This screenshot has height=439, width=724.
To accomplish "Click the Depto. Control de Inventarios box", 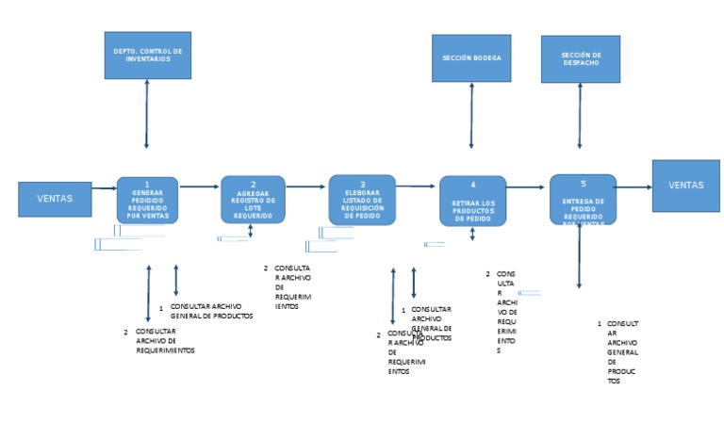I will tap(147, 55).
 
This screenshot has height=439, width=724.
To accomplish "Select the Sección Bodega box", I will tap(471, 57).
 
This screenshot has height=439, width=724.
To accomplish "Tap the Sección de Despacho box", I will tap(580, 59).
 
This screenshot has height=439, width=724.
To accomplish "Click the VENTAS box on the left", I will tap(55, 199).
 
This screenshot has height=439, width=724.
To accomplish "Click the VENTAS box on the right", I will tap(685, 186).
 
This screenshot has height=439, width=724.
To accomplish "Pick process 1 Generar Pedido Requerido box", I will tap(147, 200).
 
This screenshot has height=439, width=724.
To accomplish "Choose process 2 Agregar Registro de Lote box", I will tap(253, 200).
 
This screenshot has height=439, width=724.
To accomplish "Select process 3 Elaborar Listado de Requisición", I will tap(362, 199).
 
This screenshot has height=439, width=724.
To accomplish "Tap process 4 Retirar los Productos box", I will tap(472, 201).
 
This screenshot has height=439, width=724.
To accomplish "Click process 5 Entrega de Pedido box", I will tap(583, 200).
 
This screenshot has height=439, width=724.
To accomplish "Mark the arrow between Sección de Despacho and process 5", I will tap(580, 117).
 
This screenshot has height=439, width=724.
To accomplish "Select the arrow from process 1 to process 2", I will tap(199, 187).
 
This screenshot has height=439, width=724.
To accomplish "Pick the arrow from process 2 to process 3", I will tap(306, 187).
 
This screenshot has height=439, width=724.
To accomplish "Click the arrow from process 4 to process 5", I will tap(528, 187).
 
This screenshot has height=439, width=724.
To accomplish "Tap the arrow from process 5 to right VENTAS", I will tap(634, 187).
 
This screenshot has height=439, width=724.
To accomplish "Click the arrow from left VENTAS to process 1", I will tap(105, 188).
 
